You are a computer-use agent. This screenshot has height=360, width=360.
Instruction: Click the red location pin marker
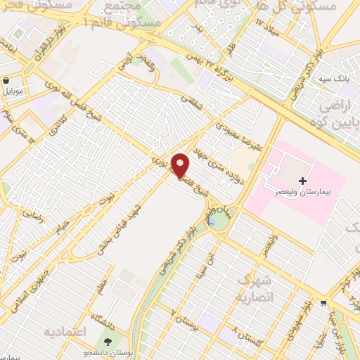(x=181, y=165)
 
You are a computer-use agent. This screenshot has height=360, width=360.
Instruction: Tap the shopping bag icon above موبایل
(x=6, y=80)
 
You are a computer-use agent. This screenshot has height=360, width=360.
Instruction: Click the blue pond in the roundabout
(x=212, y=221)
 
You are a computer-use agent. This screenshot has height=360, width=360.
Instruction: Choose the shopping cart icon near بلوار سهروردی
(x=323, y=304)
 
